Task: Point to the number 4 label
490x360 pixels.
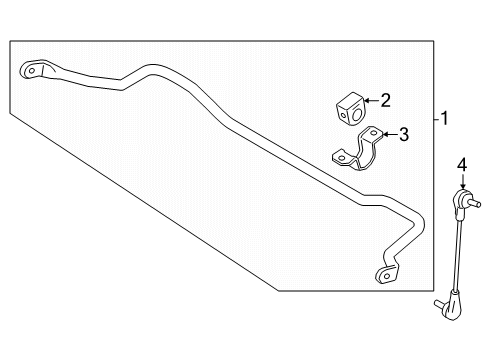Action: (462, 164)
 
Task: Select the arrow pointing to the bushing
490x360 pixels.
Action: (370, 99)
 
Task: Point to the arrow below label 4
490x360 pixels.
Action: (462, 183)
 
